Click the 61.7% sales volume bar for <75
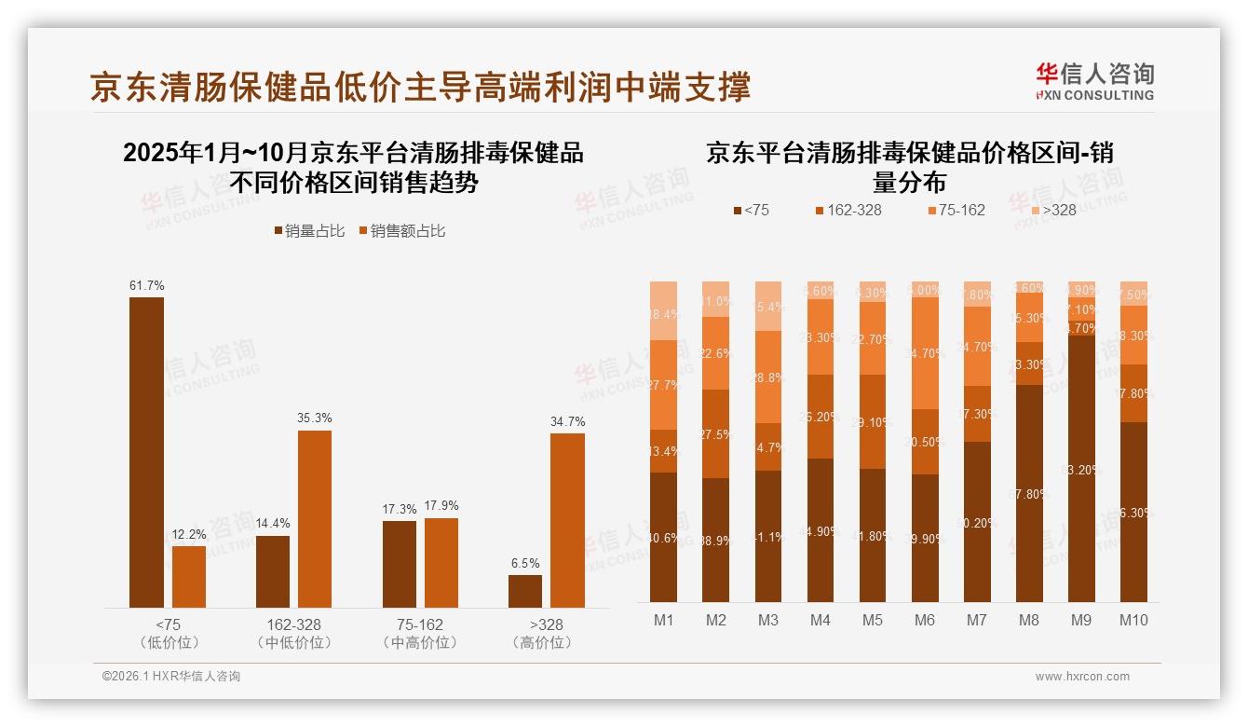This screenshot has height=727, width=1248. pos(146,452)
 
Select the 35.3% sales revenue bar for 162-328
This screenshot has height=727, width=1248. pos(315,519)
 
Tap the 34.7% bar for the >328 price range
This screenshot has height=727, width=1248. pos(567,520)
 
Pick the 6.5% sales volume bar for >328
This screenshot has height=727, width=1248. pos(525,591)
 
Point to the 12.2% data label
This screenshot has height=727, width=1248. pos(188,535)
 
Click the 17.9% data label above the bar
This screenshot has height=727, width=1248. pos(441,506)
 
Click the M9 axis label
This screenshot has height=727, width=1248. pos(1081,620)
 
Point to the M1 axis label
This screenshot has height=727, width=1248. pos(663,620)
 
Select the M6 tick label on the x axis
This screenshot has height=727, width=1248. pos(925,620)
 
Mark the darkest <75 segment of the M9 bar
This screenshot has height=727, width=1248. pos(1081,468)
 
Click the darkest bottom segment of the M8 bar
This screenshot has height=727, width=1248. pos(1029,493)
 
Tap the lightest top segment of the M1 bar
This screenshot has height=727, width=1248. pos(663,310)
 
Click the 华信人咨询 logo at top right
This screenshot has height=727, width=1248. pos(1094,81)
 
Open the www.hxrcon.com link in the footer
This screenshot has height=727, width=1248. pos(1082,677)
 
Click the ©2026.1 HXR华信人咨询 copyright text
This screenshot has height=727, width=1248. pos(171,677)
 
